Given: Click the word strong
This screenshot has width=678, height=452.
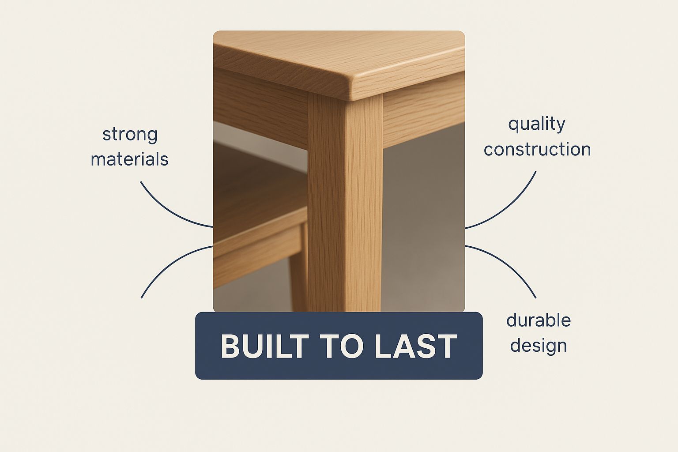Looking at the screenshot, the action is tap(130, 135).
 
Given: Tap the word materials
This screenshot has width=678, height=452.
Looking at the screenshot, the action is tap(129, 159).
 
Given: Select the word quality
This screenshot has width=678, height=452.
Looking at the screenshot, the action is tap(537, 124).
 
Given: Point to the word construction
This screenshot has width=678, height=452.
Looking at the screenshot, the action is tap(537, 149).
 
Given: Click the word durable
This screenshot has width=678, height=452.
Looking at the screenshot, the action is tap(539, 320).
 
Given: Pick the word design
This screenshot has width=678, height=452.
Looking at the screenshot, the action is tap(539, 346).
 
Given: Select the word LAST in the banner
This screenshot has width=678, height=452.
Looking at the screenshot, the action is tap(415, 347).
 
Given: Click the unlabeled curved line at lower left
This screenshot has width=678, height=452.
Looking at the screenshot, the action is tap(171, 267).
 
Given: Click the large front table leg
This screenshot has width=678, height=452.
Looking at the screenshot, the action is tap(345, 203).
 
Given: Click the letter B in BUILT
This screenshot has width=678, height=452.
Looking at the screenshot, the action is tap(231, 347).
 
